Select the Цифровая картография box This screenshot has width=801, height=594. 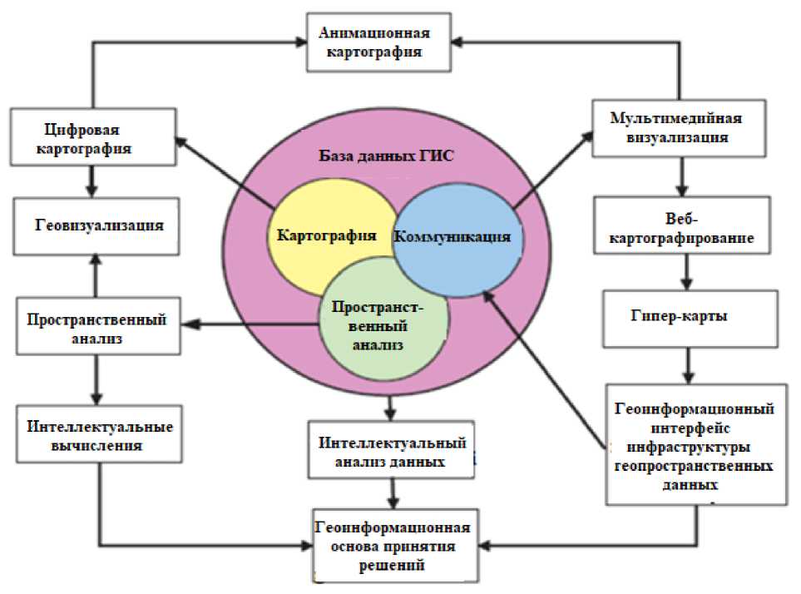click(91, 138)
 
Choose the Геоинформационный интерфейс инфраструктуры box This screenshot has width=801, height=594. click(695, 444)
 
